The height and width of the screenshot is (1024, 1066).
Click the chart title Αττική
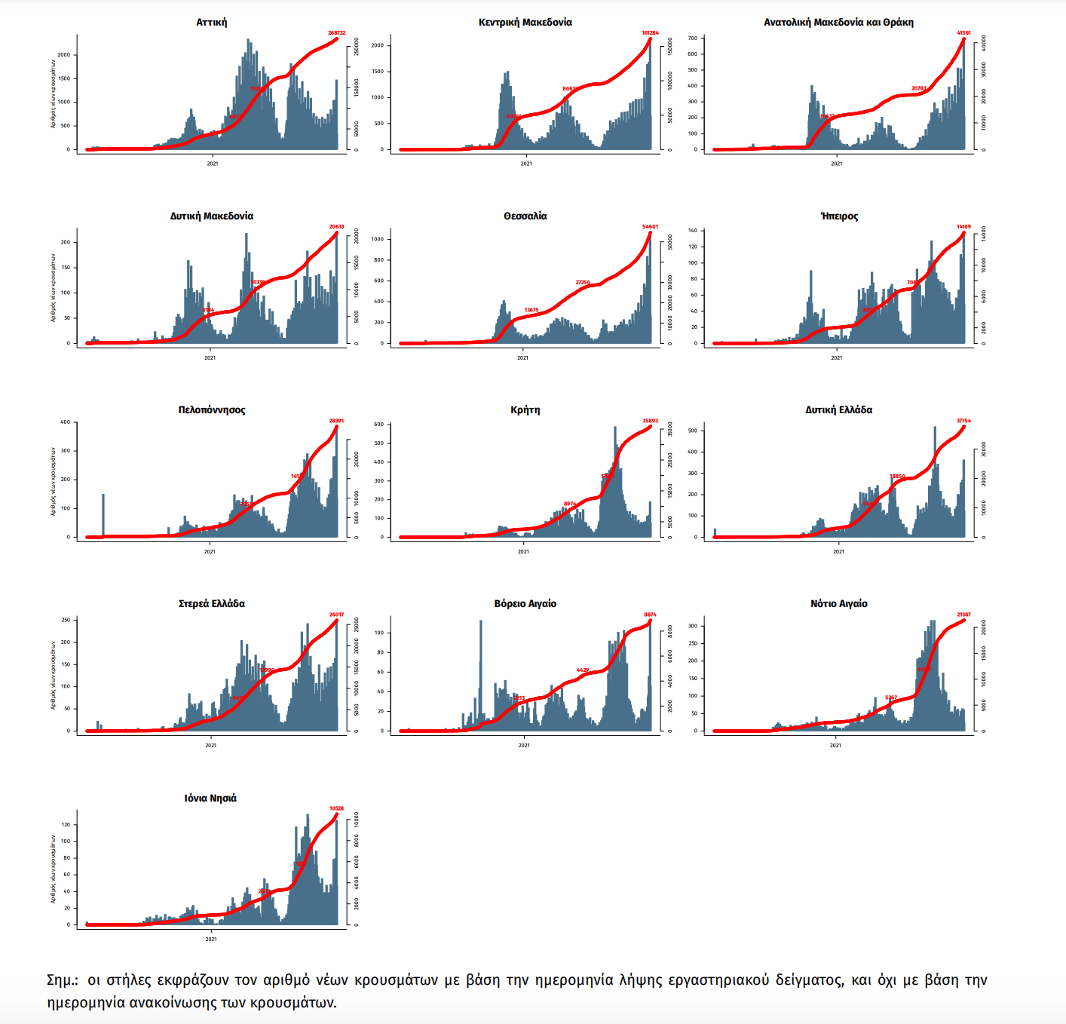click(x=211, y=23)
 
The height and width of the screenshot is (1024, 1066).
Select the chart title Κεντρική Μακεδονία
click(x=525, y=23)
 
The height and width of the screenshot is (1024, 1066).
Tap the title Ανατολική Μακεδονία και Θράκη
click(x=838, y=23)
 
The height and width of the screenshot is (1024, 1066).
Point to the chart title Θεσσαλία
click(x=525, y=216)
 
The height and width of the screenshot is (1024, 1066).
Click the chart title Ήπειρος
click(x=839, y=216)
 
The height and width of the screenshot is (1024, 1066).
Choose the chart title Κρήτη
click(x=525, y=410)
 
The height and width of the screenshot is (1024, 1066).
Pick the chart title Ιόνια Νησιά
click(x=210, y=798)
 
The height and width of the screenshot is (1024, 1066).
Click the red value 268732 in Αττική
click(x=336, y=33)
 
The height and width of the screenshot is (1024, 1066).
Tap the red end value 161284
click(x=650, y=33)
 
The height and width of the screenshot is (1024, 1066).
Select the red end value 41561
click(x=963, y=33)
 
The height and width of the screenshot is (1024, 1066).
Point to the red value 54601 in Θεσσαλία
click(x=650, y=227)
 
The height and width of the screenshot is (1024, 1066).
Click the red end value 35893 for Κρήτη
click(x=650, y=421)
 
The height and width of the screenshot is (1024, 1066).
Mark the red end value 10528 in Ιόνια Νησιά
click(x=336, y=808)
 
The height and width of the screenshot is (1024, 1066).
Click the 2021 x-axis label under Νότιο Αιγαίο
click(x=835, y=746)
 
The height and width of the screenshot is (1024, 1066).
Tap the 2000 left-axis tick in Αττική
click(x=64, y=55)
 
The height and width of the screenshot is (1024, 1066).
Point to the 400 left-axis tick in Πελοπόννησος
click(x=66, y=422)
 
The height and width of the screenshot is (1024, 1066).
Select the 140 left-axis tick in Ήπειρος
click(x=693, y=231)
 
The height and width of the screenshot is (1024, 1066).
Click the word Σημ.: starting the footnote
click(x=63, y=980)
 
